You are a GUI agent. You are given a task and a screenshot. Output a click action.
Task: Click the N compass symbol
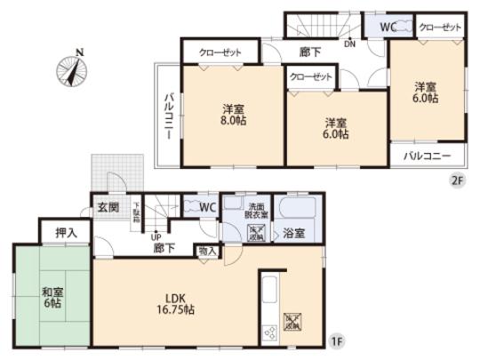[71, 69]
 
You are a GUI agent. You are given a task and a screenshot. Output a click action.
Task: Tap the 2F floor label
[457, 178]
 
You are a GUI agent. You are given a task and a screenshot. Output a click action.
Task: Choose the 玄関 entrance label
[108, 209]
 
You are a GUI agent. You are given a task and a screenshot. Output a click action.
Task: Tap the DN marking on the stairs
[350, 41]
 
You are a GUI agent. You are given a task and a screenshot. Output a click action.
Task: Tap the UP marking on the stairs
[156, 236]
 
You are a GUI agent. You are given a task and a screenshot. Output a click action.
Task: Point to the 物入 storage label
[208, 252]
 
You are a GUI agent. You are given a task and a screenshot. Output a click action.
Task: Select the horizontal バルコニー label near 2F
[428, 156]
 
